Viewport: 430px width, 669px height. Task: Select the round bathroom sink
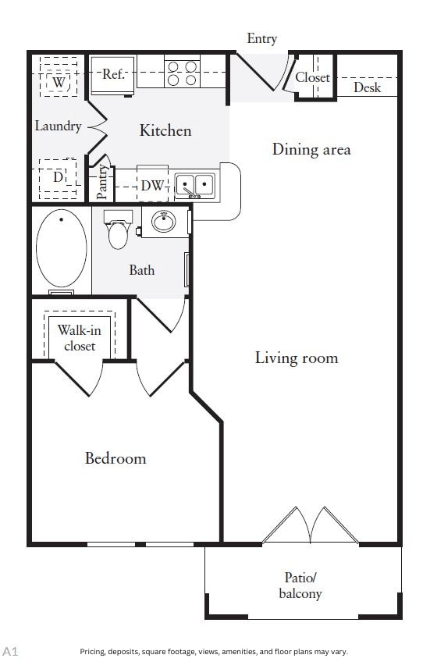[164, 222]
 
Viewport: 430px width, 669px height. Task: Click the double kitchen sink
[195, 186]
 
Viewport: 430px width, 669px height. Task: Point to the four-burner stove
[182, 73]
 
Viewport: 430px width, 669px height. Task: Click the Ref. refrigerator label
[113, 74]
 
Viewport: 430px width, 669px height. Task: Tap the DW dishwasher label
[152, 186]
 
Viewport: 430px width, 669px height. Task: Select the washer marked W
[59, 81]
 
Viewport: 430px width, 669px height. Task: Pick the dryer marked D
[58, 176]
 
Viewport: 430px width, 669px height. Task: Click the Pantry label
[101, 182]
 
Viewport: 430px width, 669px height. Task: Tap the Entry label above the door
[262, 39]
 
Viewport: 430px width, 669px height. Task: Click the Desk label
[367, 87]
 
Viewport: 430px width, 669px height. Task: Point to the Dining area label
[311, 149]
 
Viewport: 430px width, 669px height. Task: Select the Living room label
[297, 358]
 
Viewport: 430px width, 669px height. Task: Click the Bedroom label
[115, 458]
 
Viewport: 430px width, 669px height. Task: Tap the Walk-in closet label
[80, 338]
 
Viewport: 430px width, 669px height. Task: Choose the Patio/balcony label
[300, 585]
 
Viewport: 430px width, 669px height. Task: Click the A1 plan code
[10, 652]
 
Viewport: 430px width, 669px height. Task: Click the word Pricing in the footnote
[93, 652]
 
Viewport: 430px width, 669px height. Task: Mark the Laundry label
[58, 126]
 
